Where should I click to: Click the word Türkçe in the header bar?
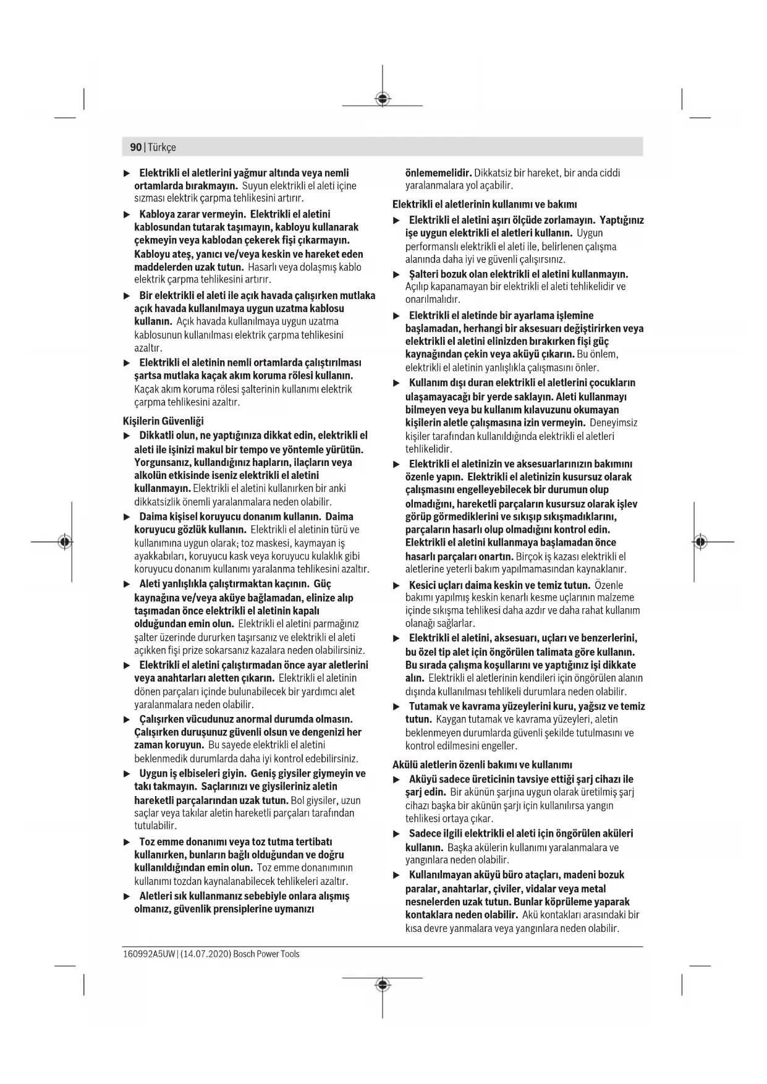[161, 147]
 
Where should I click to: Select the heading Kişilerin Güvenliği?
[163, 421]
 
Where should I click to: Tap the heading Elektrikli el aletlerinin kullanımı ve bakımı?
[485, 204]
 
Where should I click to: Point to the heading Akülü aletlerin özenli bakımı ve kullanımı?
[482, 764]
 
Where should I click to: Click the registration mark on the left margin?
[64, 542]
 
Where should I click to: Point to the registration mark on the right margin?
[700, 542]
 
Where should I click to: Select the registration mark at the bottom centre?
[383, 984]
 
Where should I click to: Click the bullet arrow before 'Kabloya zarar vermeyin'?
[127, 214]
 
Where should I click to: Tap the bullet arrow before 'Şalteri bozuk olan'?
[397, 274]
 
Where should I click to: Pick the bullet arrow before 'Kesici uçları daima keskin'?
[397, 585]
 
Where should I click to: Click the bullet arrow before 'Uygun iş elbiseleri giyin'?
[127, 774]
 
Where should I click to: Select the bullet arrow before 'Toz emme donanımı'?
[127, 842]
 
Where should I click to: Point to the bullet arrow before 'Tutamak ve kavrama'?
[397, 706]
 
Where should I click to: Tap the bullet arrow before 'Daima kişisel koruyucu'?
[127, 517]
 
